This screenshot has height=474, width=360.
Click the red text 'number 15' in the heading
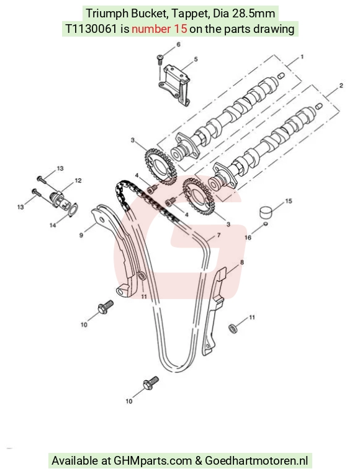tap(159, 29)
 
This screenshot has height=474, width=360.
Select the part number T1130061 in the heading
tap(91, 29)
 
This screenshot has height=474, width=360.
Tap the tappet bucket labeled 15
tap(266, 212)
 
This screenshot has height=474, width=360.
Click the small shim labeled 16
tap(266, 224)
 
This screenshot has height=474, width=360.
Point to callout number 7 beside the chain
tap(218, 235)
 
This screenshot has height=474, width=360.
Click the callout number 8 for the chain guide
tap(241, 262)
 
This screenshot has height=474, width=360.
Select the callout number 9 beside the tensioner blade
tap(81, 235)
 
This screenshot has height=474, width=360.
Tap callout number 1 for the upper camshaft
tap(302, 57)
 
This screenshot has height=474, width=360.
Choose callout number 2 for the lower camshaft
tap(341, 86)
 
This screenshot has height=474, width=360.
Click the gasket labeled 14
tap(73, 210)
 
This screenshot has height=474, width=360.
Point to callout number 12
tap(78, 181)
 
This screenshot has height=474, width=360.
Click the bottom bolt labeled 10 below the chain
tap(151, 383)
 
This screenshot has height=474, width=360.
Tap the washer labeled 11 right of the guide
tap(233, 328)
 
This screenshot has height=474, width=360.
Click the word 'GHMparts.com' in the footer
tap(153, 461)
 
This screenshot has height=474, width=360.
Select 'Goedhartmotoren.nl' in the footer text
tap(256, 461)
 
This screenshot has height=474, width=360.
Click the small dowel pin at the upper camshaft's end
tap(281, 75)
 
